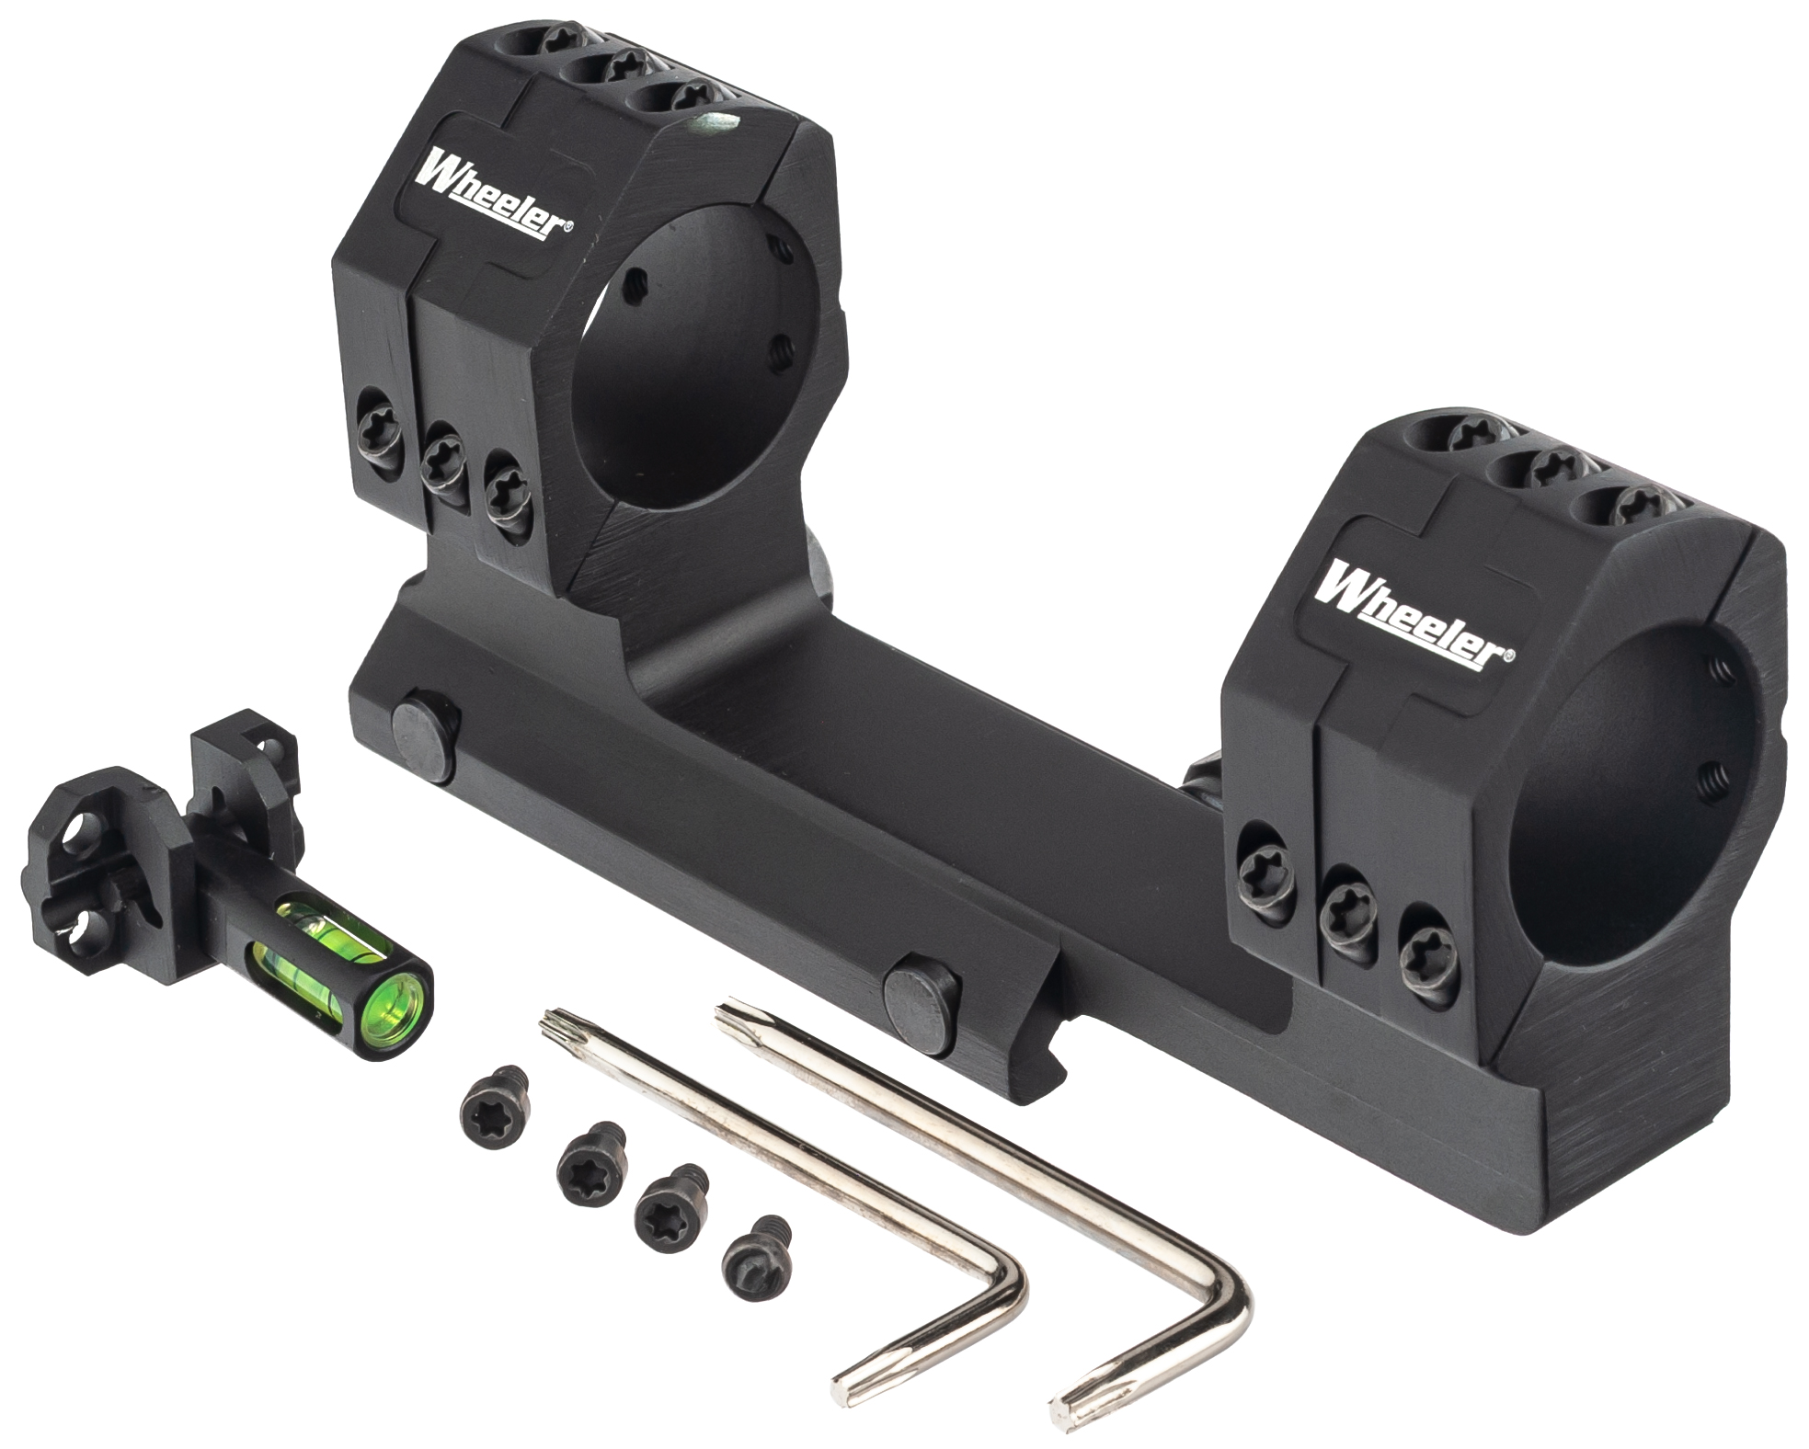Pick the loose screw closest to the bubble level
coord(493,1099)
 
